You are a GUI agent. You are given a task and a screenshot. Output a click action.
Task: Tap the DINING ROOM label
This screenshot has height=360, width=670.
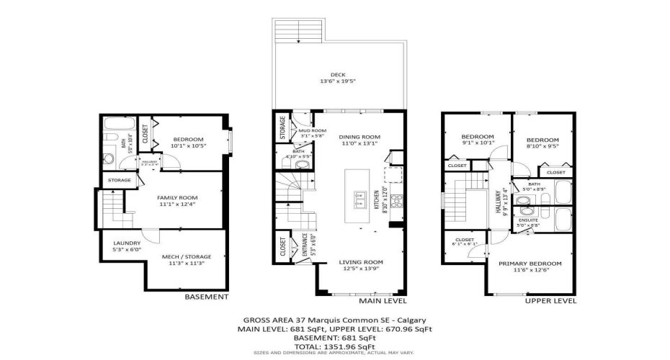coord(359,137)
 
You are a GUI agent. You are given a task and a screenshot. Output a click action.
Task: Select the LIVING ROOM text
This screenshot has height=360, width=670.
coord(361,262)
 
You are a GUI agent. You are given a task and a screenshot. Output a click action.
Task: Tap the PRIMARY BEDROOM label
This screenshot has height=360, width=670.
coord(530,264)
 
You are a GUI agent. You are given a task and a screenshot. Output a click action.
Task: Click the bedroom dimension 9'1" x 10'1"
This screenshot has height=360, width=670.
coord(477,143)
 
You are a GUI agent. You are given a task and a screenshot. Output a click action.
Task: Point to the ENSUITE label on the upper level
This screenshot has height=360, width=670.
coord(528,220)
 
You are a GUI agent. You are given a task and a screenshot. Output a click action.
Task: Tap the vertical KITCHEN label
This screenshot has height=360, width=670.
coord(376,200)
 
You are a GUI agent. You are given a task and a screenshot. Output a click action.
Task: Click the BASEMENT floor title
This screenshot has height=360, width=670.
coord(207,297)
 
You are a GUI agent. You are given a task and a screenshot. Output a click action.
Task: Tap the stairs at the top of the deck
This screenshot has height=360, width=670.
coord(298,31)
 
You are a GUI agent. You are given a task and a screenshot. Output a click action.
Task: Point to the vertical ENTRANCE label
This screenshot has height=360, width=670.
coord(304,246)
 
